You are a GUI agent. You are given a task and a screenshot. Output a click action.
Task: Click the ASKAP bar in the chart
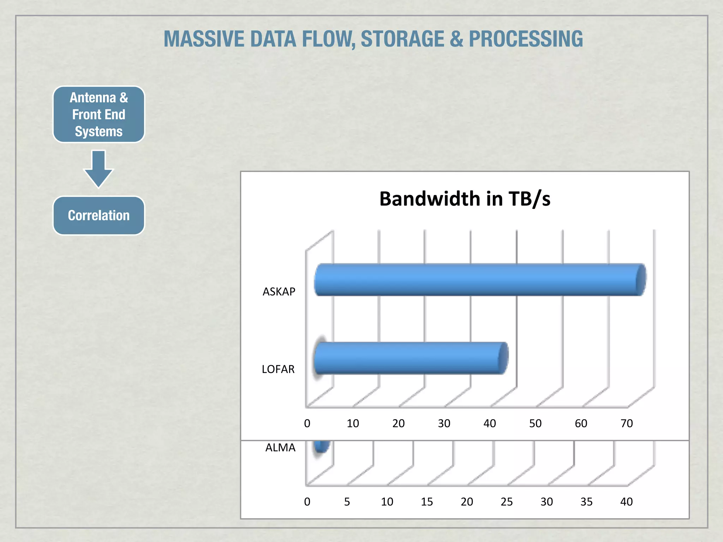pos(480,279)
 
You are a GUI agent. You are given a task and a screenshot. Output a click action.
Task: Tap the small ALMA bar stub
pos(322,446)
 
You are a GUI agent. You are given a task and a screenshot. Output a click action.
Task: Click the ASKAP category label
pos(279,292)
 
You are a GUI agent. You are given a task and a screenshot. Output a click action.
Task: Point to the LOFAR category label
pos(278,369)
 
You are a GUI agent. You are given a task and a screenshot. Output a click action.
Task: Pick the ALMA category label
pos(280,448)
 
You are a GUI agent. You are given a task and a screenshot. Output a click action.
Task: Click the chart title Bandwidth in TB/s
pos(465,199)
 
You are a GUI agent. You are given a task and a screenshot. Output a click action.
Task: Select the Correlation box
pos(99,216)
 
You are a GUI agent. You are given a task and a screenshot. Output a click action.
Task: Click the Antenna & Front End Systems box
pos(99,114)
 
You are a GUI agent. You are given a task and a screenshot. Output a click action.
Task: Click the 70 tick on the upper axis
pos(627,423)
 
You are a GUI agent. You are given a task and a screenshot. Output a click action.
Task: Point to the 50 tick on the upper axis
pos(535,423)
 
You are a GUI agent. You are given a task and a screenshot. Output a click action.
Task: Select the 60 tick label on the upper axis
pos(581,423)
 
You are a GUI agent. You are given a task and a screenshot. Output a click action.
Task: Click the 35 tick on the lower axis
pos(586,502)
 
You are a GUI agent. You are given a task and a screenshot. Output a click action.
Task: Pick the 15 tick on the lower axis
pos(427,502)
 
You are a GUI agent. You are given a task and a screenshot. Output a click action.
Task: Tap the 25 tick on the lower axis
pos(507,502)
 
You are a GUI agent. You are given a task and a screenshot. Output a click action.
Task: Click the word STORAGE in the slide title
pos(402,39)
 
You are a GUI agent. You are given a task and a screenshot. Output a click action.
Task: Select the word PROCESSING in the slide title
pos(526,39)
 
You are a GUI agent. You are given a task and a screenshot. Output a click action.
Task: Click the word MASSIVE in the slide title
pos(204,39)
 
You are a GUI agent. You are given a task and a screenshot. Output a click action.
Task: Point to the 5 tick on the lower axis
pos(347,502)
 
